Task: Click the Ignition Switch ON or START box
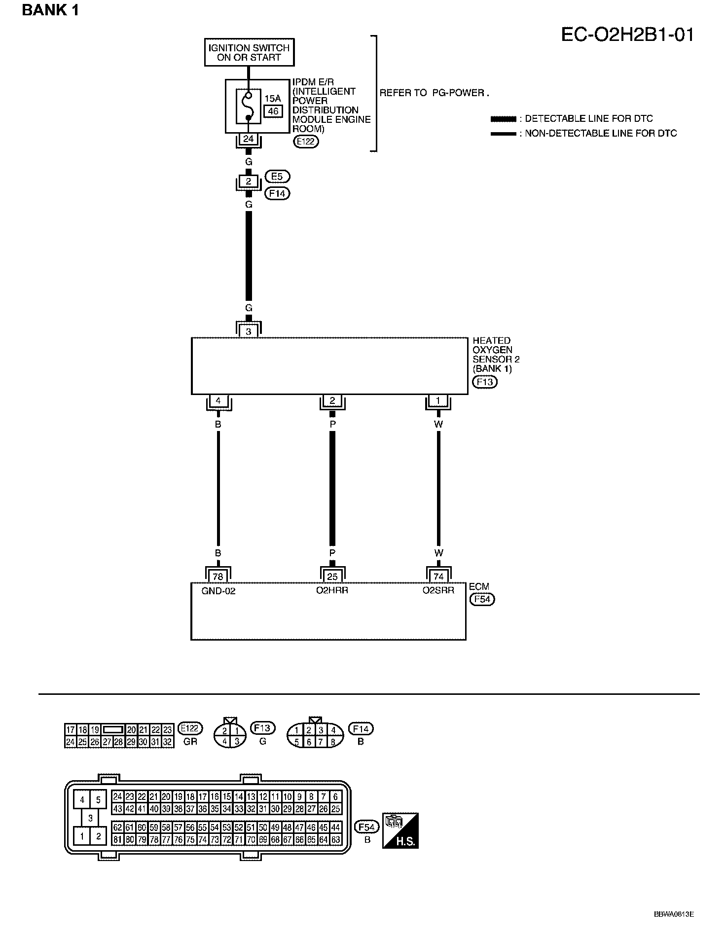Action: pos(249,52)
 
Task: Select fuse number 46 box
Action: pos(273,111)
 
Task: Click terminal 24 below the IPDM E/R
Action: pos(248,139)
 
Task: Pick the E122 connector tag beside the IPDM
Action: pos(306,142)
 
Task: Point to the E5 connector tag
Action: pos(277,177)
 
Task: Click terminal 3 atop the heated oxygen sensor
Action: pos(249,331)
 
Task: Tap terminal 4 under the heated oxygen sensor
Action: pos(218,401)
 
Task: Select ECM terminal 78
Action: pos(218,576)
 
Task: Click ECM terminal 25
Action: pos(332,576)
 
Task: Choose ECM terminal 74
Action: pos(438,576)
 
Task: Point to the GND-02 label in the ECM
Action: pos(218,591)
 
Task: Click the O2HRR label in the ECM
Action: pos(332,590)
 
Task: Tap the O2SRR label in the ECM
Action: pos(438,590)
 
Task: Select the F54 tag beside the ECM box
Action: pos(482,599)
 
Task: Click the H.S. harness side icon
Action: pos(400,830)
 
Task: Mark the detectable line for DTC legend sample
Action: pos(503,119)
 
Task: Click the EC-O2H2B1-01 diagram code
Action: pos(627,35)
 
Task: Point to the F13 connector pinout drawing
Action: pos(230,735)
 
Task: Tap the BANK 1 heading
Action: pos(50,10)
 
